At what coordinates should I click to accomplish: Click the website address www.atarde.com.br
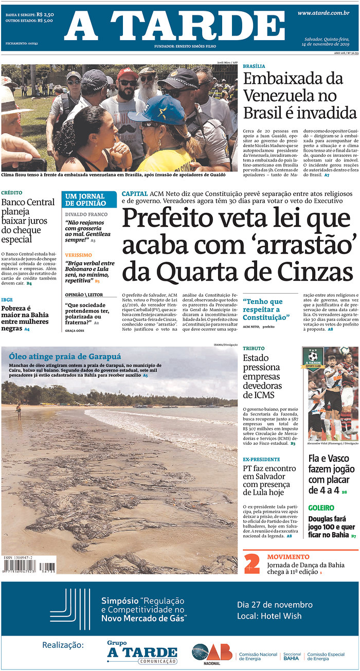(323, 13)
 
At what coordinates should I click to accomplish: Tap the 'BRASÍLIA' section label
(254, 66)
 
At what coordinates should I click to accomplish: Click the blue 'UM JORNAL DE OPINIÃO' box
(89, 200)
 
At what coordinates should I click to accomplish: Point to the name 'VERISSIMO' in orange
(78, 255)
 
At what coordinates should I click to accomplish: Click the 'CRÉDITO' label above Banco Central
(11, 192)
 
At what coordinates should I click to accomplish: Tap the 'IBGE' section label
(7, 300)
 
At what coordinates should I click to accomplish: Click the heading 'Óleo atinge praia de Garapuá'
(65, 356)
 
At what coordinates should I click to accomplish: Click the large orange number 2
(251, 563)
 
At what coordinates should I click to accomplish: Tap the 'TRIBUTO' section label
(254, 349)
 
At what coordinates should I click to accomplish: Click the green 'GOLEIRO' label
(321, 508)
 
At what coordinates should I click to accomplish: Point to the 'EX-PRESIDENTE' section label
(261, 459)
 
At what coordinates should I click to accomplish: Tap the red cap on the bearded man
(127, 73)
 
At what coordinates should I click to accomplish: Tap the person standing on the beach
(19, 410)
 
